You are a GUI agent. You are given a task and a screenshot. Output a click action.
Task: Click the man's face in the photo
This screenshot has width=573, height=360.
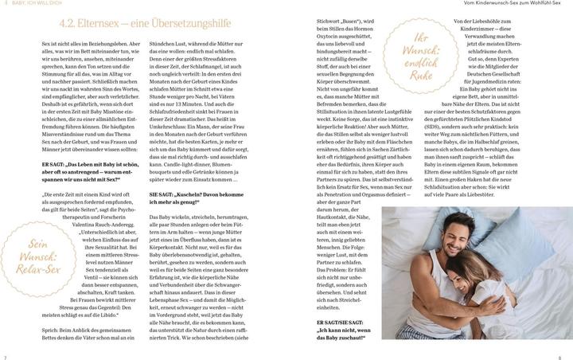tap(483, 242)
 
